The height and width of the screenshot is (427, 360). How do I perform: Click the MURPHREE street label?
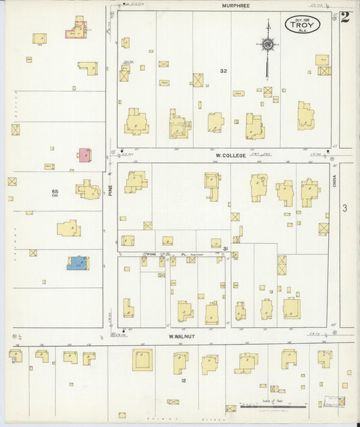click(x=236, y=5)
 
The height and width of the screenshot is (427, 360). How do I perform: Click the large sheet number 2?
click(x=345, y=17)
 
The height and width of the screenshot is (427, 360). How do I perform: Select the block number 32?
click(x=223, y=71)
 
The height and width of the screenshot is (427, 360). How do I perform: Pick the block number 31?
click(x=225, y=249)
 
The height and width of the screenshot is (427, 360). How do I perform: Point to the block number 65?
click(x=55, y=192)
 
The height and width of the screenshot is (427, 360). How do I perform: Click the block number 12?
click(x=183, y=380)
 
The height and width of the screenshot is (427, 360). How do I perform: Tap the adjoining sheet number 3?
click(x=344, y=208)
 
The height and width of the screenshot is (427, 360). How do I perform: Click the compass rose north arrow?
click(x=267, y=44)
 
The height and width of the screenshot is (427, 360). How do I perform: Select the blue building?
click(x=78, y=262)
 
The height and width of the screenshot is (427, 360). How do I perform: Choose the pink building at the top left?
click(x=77, y=30)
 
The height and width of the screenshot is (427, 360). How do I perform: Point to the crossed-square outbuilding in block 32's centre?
click(x=198, y=80)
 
